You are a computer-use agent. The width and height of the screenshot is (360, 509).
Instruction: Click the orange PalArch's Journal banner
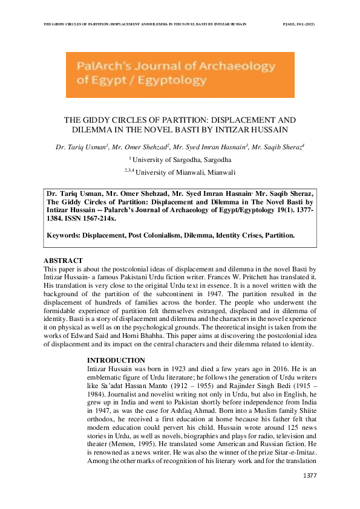pos(180,75)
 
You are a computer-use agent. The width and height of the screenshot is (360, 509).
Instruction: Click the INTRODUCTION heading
pos(116,360)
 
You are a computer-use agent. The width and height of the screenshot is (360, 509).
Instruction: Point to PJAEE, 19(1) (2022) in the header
pos(299,24)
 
